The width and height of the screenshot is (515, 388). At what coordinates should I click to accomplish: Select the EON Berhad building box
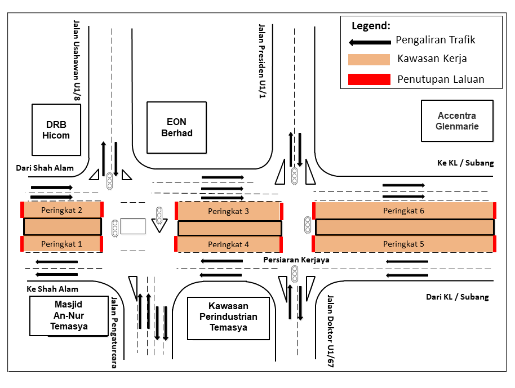click(176, 127)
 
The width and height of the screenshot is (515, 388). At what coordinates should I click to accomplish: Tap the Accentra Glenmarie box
click(457, 121)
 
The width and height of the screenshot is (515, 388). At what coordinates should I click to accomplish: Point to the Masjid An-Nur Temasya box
click(69, 316)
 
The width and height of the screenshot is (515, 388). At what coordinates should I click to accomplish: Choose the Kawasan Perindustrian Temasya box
click(228, 318)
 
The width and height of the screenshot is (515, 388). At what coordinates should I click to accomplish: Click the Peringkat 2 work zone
click(61, 209)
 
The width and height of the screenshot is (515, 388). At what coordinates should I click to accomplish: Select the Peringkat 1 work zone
click(61, 244)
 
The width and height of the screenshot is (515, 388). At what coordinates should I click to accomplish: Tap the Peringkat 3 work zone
click(228, 211)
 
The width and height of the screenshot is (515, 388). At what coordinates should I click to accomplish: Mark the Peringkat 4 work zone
click(228, 244)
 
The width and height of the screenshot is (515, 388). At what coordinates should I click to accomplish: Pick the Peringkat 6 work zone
click(403, 211)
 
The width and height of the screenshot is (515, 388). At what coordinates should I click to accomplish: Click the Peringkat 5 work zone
click(403, 244)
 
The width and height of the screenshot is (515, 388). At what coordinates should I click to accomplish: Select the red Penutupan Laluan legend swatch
click(369, 79)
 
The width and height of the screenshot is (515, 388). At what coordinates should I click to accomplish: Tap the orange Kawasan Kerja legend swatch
click(369, 60)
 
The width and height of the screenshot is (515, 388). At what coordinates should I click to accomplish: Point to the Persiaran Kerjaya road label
click(296, 260)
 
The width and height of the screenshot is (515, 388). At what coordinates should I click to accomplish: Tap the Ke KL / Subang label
click(465, 163)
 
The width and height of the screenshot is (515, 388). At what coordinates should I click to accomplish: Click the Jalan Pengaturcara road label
click(114, 332)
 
